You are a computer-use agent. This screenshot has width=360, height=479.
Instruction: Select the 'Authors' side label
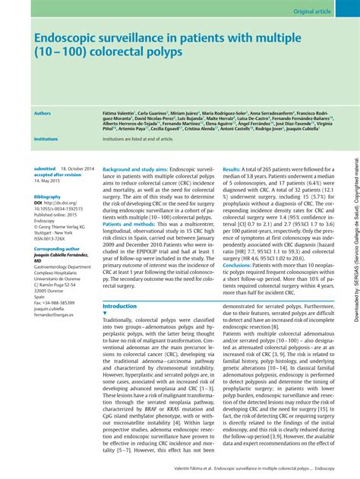[x=43, y=113]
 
